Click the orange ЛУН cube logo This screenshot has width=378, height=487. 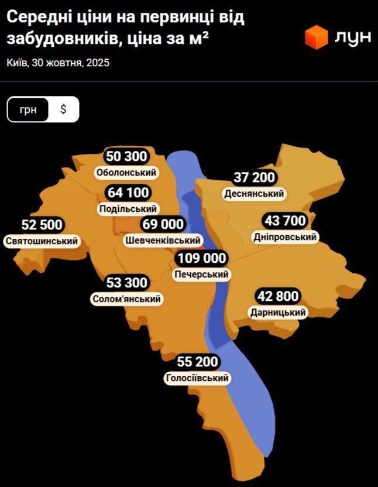[x=316, y=37]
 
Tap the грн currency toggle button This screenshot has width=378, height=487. [x=28, y=109]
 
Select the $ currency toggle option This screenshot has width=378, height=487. [x=63, y=109]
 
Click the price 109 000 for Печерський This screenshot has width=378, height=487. [x=202, y=259]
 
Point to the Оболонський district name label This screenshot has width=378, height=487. [x=126, y=173]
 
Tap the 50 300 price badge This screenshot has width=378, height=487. [x=126, y=157]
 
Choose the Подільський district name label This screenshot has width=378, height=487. [x=128, y=208]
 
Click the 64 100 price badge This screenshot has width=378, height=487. [x=128, y=193]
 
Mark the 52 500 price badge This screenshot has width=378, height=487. [x=42, y=225]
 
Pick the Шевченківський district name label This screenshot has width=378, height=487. [x=163, y=240]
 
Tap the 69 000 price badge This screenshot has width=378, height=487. [x=163, y=224]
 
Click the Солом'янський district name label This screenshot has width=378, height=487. [x=126, y=299]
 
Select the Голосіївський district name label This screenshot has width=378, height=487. [x=197, y=378]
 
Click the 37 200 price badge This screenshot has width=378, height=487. [x=254, y=177]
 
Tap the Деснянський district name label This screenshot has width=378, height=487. [x=254, y=193]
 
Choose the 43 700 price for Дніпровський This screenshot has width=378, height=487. [x=286, y=221]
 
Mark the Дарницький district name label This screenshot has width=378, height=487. [x=278, y=312]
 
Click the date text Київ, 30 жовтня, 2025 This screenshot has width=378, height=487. [x=59, y=63]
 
